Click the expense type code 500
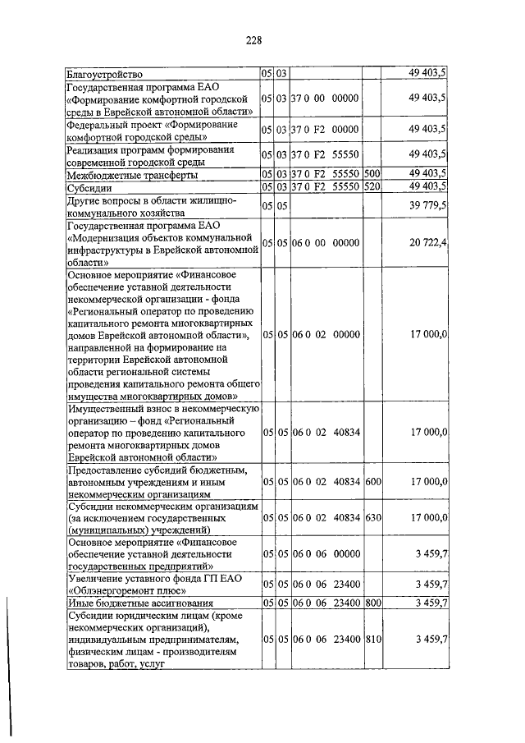point(372,174)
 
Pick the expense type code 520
point(372,186)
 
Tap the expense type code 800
point(372,603)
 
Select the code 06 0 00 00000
point(326,242)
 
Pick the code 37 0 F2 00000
point(326,129)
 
